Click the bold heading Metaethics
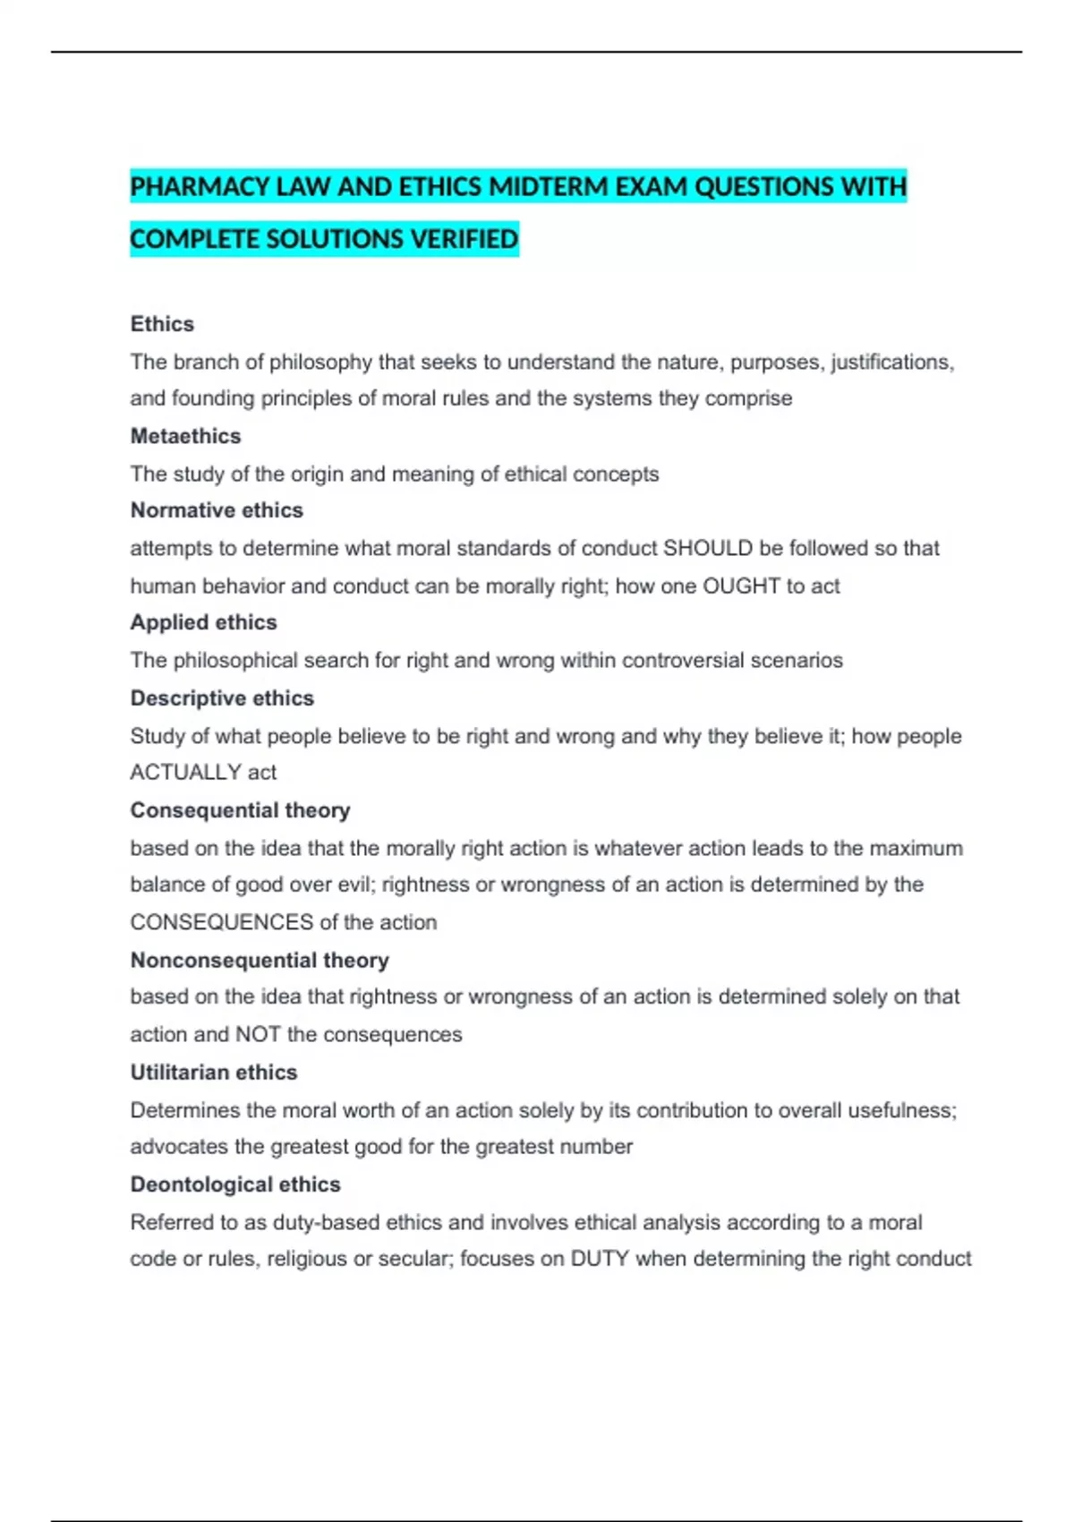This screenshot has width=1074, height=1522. click(x=185, y=436)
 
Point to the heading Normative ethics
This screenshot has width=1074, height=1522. click(x=217, y=510)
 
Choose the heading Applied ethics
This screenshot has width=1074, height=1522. click(x=203, y=622)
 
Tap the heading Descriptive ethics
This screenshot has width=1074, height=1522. click(x=222, y=698)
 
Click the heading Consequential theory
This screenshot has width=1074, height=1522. click(x=240, y=810)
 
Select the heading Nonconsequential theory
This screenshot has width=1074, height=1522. click(x=260, y=961)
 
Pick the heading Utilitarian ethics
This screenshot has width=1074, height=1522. click(x=213, y=1073)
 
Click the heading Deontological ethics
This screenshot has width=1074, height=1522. click(x=235, y=1184)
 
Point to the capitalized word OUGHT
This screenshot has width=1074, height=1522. click(x=741, y=586)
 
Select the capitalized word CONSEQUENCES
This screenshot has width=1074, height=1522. click(x=221, y=922)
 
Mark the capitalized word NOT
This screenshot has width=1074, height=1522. click(x=258, y=1035)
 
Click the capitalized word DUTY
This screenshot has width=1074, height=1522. click(x=600, y=1259)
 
